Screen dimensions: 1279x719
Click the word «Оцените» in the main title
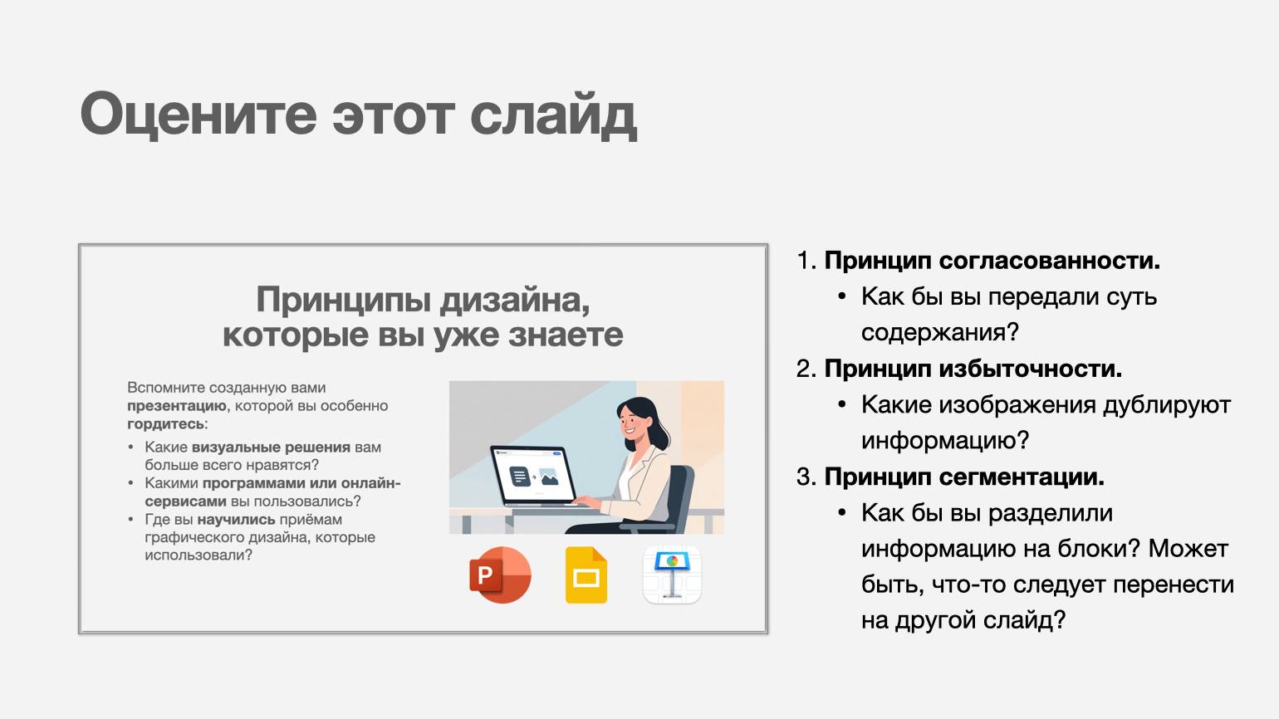pyautogui.click(x=198, y=114)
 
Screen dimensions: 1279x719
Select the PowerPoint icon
pyautogui.click(x=500, y=575)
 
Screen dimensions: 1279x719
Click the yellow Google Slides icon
pyautogui.click(x=586, y=575)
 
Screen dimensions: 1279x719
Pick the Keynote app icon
pyautogui.click(x=672, y=575)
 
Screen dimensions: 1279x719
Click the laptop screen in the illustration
pyautogui.click(x=533, y=476)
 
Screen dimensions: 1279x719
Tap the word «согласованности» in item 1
pyautogui.click(x=1050, y=261)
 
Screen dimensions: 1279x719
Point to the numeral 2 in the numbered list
pyautogui.click(x=804, y=369)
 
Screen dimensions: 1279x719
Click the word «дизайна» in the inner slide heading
pyautogui.click(x=514, y=300)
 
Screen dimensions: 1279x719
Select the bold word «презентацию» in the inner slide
pyautogui.click(x=177, y=406)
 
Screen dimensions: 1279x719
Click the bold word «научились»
pyautogui.click(x=237, y=519)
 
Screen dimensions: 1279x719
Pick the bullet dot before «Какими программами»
pyautogui.click(x=131, y=483)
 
